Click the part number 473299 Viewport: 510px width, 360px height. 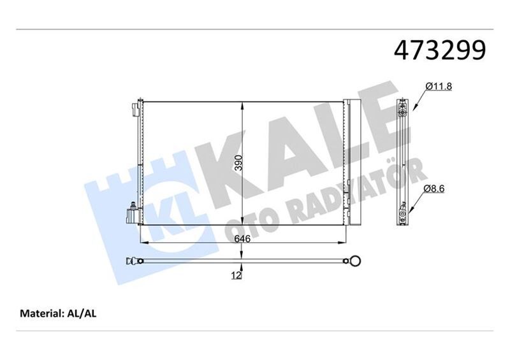click(441, 50)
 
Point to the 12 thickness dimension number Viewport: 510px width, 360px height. click(236, 275)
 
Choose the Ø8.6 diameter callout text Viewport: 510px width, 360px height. click(437, 189)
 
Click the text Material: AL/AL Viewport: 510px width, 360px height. click(58, 313)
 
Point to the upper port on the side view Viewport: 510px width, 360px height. click(402, 114)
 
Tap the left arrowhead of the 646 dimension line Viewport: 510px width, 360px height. click(142, 243)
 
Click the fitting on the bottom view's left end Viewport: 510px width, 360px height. click(133, 260)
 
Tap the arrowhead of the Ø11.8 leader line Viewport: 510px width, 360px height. click(410, 112)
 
